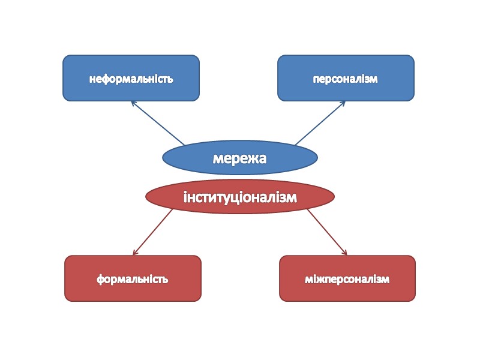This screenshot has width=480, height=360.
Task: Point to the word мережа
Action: click(x=240, y=158)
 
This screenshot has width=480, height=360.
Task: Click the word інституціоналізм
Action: click(x=240, y=197)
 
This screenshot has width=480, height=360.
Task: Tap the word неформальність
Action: click(x=131, y=79)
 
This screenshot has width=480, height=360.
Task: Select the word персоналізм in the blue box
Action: click(x=346, y=79)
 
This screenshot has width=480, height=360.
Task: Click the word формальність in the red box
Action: click(x=133, y=279)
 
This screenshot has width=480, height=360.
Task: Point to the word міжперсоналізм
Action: click(x=347, y=279)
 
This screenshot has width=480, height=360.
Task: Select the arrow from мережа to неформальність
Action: click(x=158, y=123)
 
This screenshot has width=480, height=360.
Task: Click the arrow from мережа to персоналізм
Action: click(x=320, y=123)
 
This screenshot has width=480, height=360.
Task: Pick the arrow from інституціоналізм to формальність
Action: click(x=152, y=232)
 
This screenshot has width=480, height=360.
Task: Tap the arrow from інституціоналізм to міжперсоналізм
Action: click(x=328, y=232)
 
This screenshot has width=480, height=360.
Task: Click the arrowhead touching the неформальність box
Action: click(x=133, y=103)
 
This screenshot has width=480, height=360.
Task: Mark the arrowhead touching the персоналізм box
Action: click(x=343, y=103)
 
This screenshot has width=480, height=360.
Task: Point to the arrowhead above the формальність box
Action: click(x=134, y=253)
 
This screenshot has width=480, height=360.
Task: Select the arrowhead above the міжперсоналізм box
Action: click(x=345, y=253)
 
